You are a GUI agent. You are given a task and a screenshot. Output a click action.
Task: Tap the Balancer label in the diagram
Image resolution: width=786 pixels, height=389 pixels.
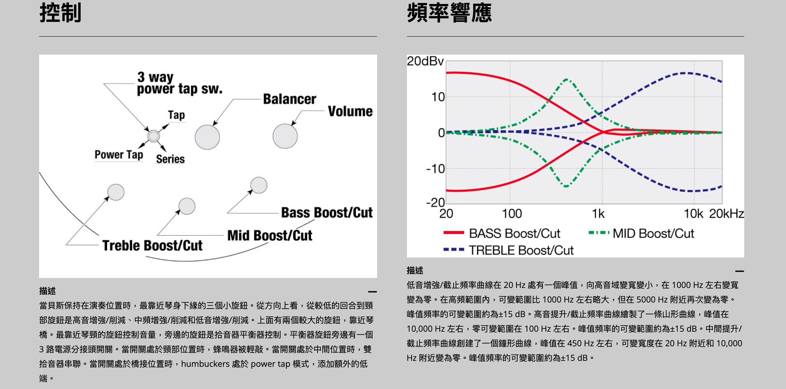coord(289,99)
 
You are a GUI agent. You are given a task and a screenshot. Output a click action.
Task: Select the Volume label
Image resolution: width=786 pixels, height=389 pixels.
coord(350,111)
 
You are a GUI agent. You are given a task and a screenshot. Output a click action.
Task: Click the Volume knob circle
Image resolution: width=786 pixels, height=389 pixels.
coord(285,136)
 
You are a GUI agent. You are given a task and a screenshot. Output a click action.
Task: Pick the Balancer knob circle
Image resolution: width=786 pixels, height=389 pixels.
coord(207,137)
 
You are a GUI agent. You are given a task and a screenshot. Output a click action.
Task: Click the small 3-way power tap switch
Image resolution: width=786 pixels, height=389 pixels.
coord(153,136)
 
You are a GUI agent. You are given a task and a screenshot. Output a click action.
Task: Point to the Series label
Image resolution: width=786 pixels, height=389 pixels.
coord(170,159)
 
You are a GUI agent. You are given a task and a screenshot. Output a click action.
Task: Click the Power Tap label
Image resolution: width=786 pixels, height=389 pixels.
coord(119,155)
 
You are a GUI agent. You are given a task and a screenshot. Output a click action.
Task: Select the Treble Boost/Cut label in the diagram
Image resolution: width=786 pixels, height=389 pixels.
coord(152,246)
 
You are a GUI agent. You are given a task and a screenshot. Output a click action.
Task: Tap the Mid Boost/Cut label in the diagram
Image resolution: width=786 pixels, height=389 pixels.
coord(269,236)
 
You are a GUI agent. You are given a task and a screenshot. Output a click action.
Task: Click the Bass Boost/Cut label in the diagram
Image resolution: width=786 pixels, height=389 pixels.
coord(327,213)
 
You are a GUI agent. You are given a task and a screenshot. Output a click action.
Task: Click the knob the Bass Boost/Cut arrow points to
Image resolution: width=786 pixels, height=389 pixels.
coord(259,185)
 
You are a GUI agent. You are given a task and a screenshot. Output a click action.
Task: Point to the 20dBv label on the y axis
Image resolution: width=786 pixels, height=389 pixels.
coord(425,61)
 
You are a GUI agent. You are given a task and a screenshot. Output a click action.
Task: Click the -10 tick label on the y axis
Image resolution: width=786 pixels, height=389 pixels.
coord(435,169)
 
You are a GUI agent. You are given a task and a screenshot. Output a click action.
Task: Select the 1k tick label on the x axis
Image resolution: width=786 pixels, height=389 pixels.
coord(598,214)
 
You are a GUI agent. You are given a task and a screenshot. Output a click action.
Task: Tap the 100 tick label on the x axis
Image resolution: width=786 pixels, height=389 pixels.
coord(512,214)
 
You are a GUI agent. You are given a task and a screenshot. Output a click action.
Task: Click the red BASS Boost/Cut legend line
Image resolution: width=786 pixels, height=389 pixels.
coord(454,233)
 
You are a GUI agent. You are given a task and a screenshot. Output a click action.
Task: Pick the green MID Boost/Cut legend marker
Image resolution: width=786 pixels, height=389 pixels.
coord(599,233)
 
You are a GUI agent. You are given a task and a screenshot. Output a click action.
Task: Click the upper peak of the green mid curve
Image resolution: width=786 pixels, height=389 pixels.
coord(567,80)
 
